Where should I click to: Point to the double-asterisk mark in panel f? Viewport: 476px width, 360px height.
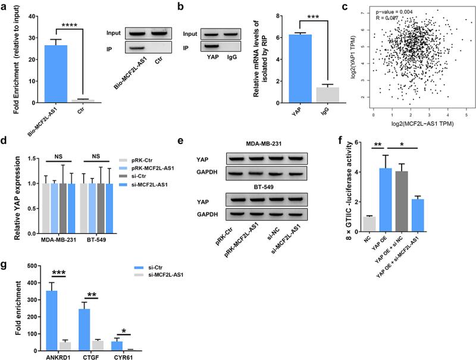pyautogui.click(x=378, y=146)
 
